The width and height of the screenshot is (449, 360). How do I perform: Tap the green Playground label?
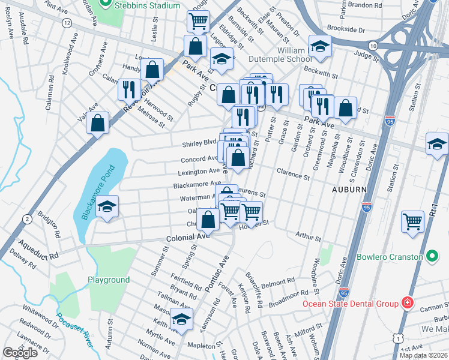pos(109,280)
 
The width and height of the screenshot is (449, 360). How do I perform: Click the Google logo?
pos(20,352)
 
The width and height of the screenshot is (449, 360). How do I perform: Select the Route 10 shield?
pos(373,46)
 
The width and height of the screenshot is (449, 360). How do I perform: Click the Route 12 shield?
pos(66,23)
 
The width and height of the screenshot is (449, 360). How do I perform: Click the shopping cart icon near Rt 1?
pos(413,221)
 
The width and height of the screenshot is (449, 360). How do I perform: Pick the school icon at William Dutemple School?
pos(320,46)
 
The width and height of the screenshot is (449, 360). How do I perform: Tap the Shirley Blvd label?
pos(199,143)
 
